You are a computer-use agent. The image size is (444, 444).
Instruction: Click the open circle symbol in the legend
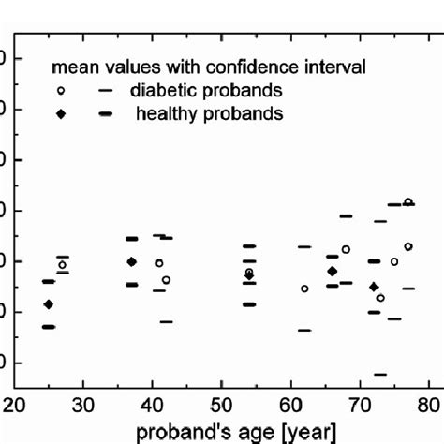pyautogui.click(x=62, y=91)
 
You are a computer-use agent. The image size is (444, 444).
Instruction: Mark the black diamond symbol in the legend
pyautogui.click(x=62, y=114)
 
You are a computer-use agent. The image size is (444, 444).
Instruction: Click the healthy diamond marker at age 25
pyautogui.click(x=49, y=304)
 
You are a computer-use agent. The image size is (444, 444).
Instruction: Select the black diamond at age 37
pyautogui.click(x=132, y=261)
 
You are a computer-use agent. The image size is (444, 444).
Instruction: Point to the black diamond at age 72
pyautogui.click(x=374, y=287)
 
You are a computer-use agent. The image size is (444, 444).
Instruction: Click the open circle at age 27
pyautogui.click(x=63, y=265)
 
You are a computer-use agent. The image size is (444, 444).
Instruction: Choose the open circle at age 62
pyautogui.click(x=304, y=289)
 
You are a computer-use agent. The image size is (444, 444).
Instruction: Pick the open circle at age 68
pyautogui.click(x=346, y=249)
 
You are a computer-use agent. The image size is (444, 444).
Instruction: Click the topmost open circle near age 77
pyautogui.click(x=408, y=201)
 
